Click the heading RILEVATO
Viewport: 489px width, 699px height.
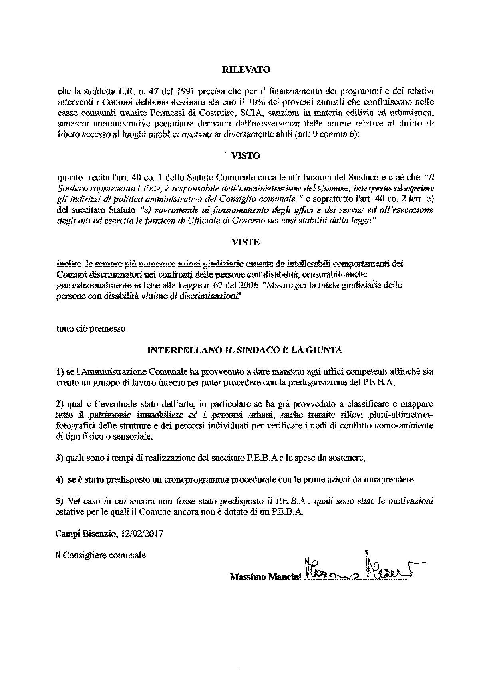246,70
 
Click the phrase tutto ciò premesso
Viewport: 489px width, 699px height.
91,329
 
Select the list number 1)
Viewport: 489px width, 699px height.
60,372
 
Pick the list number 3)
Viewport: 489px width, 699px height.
60,458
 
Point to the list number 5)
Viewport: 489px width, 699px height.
60,501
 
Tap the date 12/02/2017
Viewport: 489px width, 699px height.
142,534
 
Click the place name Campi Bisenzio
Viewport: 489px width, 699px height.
84,534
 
